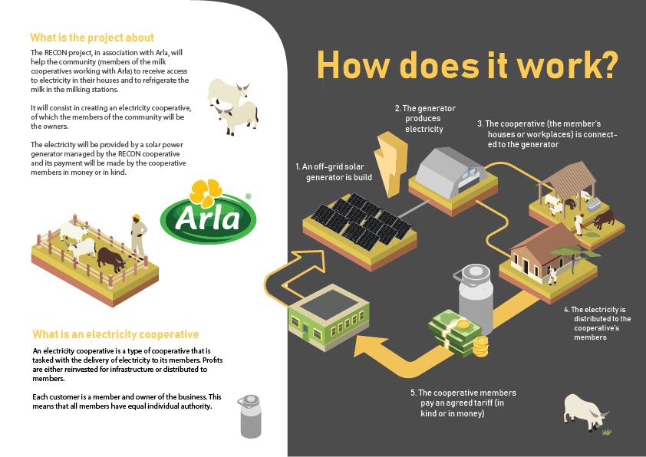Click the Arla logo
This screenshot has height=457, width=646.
coord(208,212)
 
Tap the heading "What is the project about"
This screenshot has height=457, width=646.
coord(92,38)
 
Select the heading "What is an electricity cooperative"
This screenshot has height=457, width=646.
coord(115,334)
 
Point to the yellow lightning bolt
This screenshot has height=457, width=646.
coord(391,164)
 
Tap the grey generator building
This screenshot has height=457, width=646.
coord(452,171)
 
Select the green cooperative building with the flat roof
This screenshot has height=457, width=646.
coord(328,317)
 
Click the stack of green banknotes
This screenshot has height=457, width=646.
coord(454,333)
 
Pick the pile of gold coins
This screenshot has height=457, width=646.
coord(480,347)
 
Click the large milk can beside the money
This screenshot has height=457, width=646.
coord(476,298)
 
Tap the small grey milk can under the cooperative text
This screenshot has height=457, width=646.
coord(250,416)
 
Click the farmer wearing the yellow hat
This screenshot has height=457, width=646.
coord(138,235)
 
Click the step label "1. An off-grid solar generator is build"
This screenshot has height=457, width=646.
coord(334,172)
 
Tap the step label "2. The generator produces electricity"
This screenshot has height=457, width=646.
coord(425,119)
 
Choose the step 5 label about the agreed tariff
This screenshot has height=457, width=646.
coord(463,403)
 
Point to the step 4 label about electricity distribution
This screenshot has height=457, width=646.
coord(598,323)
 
